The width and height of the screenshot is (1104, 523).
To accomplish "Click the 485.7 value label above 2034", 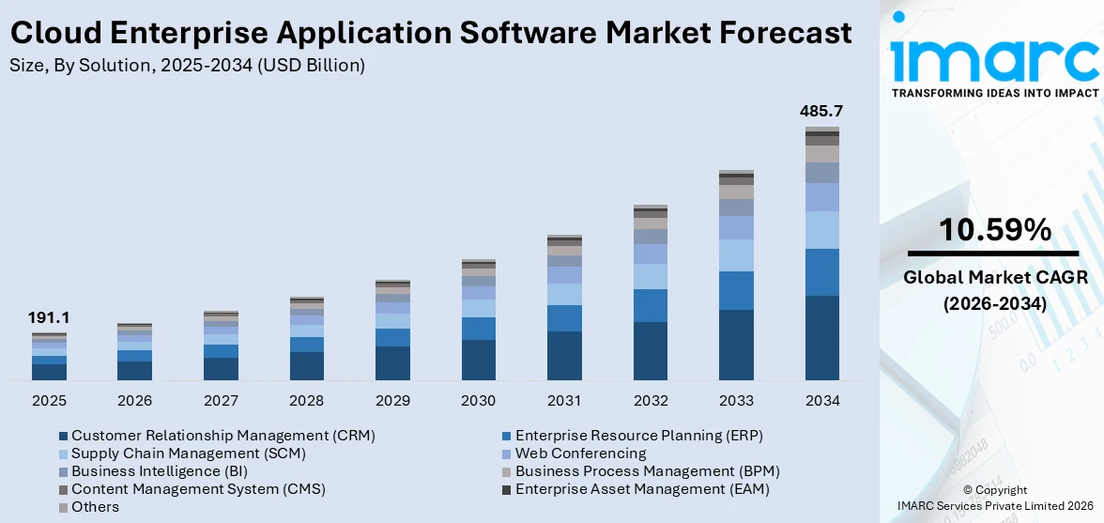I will coord(821,111).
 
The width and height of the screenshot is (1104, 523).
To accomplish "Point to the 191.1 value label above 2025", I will coord(49,318).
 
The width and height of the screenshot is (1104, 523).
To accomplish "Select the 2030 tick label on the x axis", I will coord(478,401).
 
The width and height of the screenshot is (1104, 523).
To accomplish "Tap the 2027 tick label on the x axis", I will coord(221,401).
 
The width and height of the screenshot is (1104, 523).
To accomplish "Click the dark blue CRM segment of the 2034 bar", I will coord(821,338).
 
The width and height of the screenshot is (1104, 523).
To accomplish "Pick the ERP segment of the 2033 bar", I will coord(736,290).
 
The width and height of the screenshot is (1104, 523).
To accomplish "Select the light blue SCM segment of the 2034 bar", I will coord(821,230).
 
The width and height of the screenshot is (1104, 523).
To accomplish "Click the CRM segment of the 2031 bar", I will coord(564,356).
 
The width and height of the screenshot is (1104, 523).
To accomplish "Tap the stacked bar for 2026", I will coord(135,352).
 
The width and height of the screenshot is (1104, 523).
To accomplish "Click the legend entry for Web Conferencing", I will coord(580,454).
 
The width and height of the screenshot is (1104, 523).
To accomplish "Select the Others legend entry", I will coord(95,507).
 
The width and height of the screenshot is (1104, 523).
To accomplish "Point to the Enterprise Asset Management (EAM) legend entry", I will coord(642,489).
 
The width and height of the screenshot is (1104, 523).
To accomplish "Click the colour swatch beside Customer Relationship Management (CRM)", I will coord(63,436).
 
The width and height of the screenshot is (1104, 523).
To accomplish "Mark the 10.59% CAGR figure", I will coord(994,229).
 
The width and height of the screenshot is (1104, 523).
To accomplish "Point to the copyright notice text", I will coord(995,498).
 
